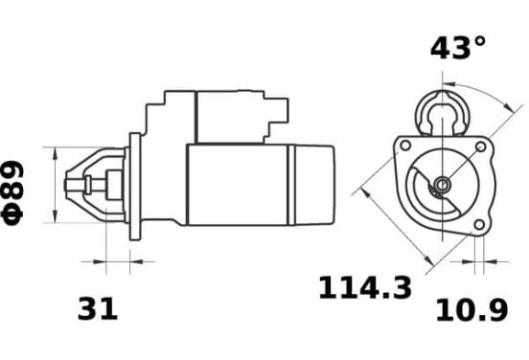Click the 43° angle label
[x=458, y=48]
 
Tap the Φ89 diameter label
[x=12, y=192]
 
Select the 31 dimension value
[x=98, y=308]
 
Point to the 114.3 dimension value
[x=365, y=287]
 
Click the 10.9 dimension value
[x=472, y=310]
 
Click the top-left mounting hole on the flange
[x=405, y=146]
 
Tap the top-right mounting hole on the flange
[x=480, y=146]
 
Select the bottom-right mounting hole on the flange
[x=479, y=224]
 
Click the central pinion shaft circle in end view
[x=442, y=185]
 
